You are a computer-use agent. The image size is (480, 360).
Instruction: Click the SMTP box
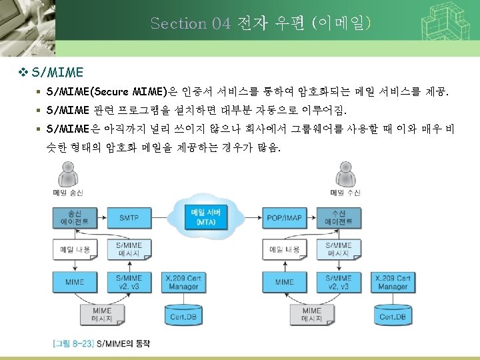(129, 217)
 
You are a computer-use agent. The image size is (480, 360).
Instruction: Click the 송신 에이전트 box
(74, 217)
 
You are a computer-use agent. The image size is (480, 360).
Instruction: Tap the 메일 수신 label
(345, 193)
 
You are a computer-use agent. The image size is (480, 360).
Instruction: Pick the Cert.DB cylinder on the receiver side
(391, 315)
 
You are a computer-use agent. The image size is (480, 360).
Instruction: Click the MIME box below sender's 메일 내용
(74, 282)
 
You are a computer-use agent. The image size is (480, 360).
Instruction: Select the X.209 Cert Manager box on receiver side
(392, 282)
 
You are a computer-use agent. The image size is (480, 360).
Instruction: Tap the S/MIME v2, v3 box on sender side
(129, 282)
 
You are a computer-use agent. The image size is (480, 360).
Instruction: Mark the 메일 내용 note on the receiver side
(285, 250)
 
